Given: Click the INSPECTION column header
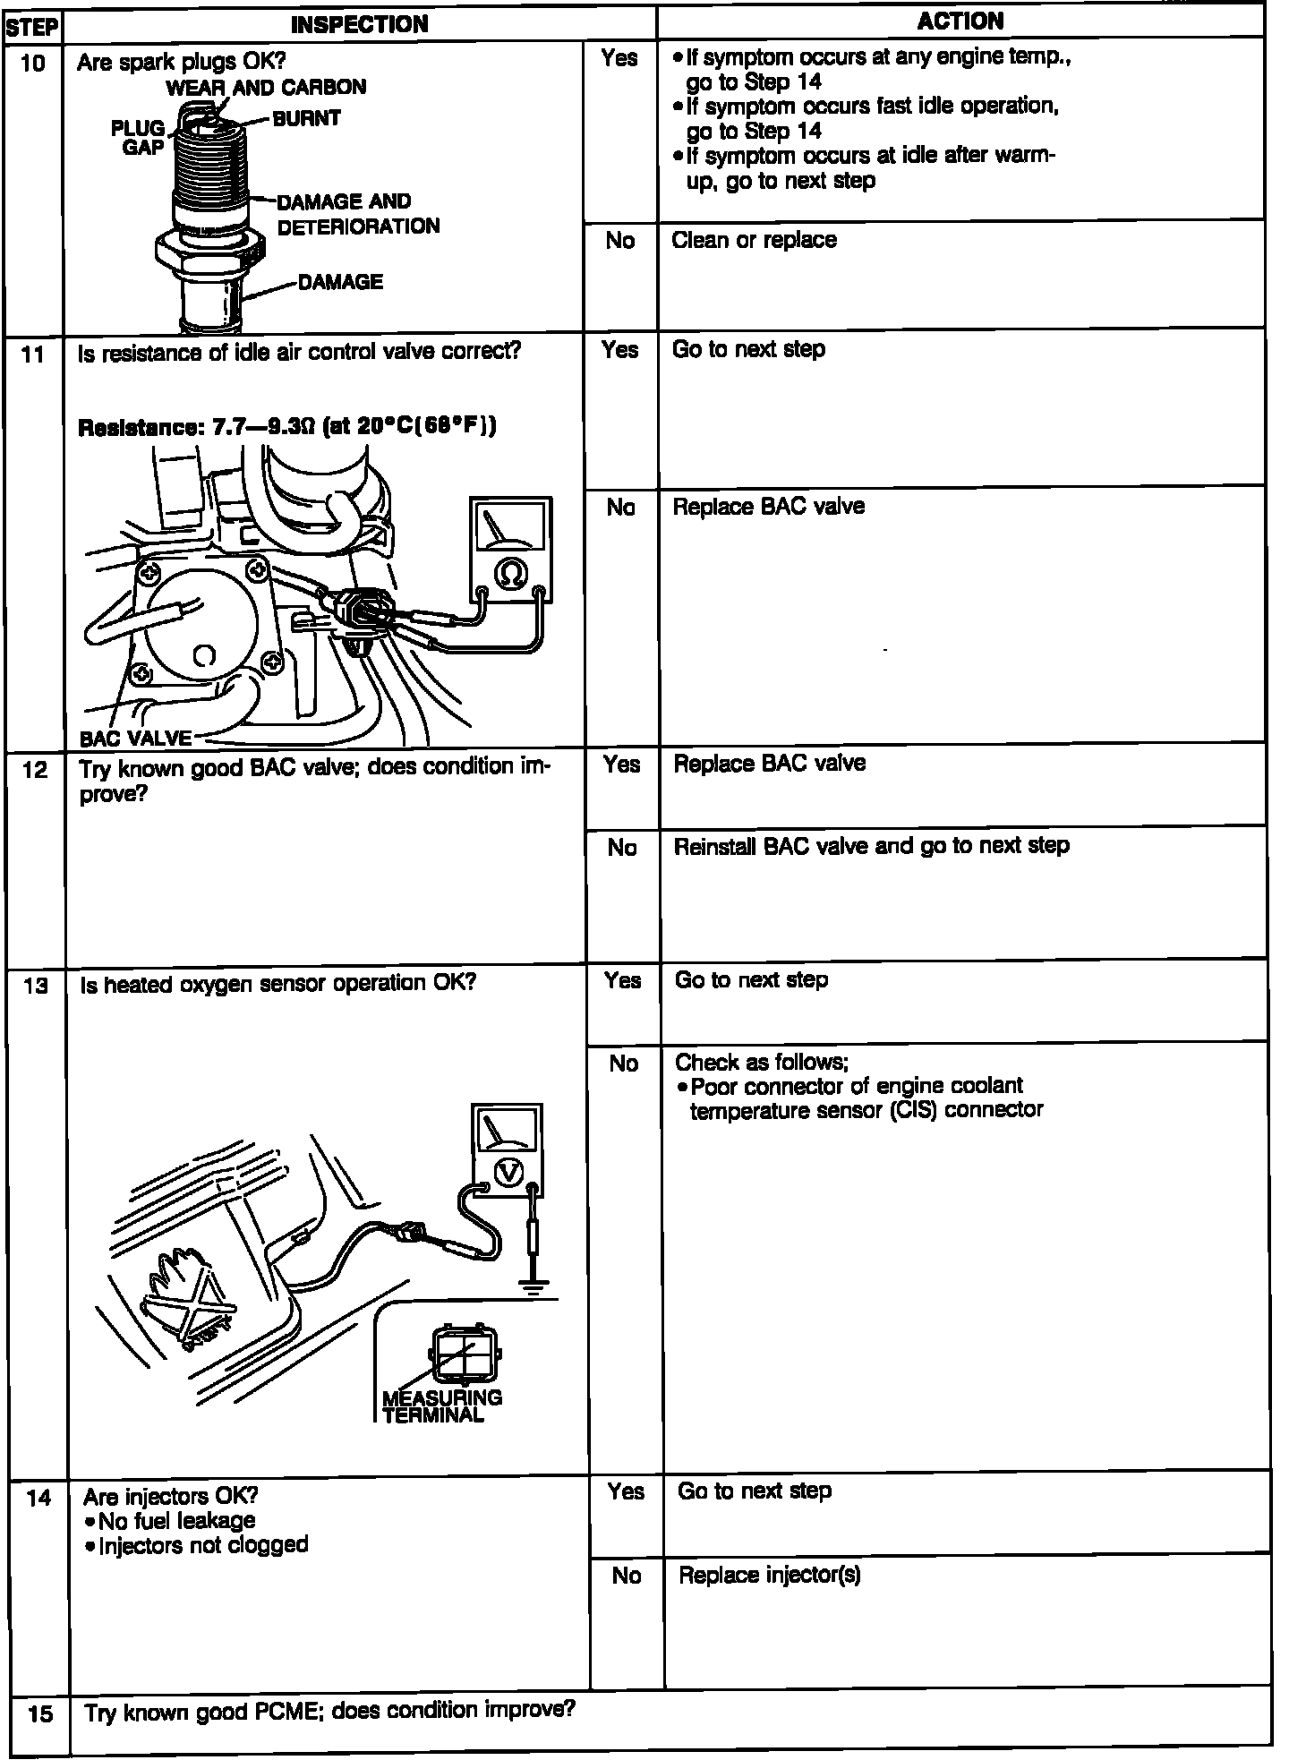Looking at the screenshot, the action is point(359,24).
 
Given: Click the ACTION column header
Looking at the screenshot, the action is point(960,21).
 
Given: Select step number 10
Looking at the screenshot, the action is point(33,63).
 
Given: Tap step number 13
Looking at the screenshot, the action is point(36,986).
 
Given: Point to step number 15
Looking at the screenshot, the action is point(40,1714).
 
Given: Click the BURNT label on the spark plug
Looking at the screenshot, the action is point(306,118).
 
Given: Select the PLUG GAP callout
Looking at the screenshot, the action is point(139,137).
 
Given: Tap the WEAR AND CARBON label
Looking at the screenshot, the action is point(266,87).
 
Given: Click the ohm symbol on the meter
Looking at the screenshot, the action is point(510,574).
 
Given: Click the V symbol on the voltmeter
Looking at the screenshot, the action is point(508,1171).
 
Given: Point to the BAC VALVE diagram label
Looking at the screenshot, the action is point(135,738).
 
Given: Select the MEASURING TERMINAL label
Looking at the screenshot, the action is point(441,1406).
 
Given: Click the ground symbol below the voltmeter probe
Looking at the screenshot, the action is point(534,1287).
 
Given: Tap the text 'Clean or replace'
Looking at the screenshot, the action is point(754,240).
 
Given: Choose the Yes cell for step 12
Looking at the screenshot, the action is point(621,765).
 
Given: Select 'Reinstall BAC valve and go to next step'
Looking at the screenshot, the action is point(871,846).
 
